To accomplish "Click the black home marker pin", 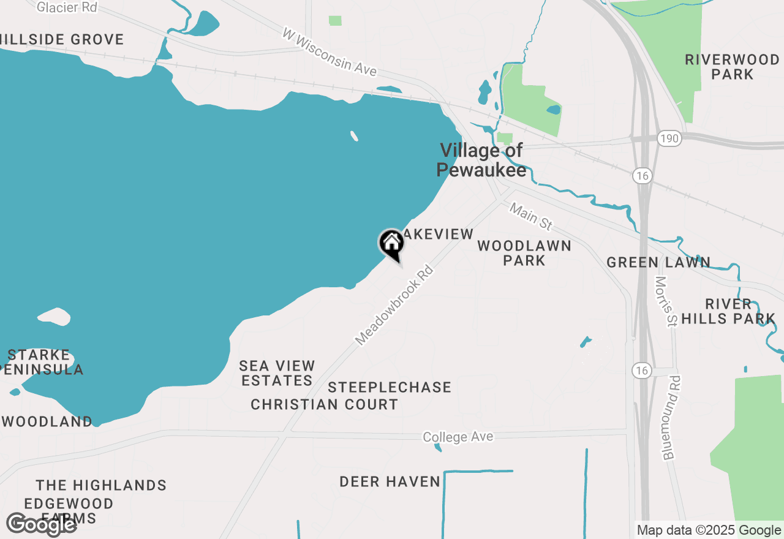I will pyautogui.click(x=391, y=244).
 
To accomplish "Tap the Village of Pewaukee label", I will pyautogui.click(x=481, y=160).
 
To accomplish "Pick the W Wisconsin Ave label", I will pyautogui.click(x=329, y=51).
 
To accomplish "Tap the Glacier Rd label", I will pyautogui.click(x=67, y=7).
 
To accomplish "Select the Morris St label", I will pyautogui.click(x=664, y=301).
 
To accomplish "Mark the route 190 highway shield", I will pyautogui.click(x=669, y=138).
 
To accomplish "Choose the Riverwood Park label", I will pyautogui.click(x=733, y=67).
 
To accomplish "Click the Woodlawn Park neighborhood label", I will pyautogui.click(x=524, y=253).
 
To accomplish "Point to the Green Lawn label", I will pyautogui.click(x=658, y=263).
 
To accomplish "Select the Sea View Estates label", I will pyautogui.click(x=277, y=373).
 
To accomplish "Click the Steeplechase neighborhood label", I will pyautogui.click(x=390, y=387).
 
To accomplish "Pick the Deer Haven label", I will pyautogui.click(x=390, y=482).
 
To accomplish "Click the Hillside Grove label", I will pyautogui.click(x=61, y=40).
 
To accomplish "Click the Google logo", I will pyautogui.click(x=41, y=524).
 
